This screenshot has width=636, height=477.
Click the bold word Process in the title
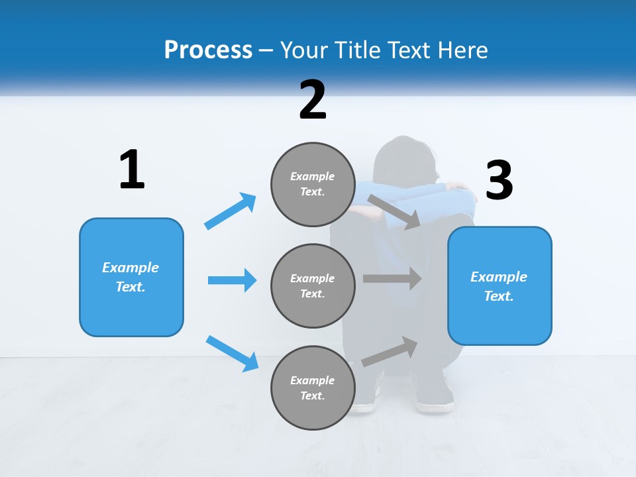(x=208, y=50)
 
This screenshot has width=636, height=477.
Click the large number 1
(x=132, y=170)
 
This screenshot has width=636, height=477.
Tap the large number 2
(x=313, y=100)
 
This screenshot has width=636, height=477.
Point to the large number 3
(x=499, y=180)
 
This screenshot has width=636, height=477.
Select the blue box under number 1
(x=131, y=277)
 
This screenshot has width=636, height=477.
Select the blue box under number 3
(x=500, y=286)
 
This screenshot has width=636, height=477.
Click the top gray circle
(x=313, y=184)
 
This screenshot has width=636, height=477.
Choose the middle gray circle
(x=313, y=286)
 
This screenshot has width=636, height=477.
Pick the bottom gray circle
(x=313, y=388)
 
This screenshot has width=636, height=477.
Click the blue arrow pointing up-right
(x=231, y=211)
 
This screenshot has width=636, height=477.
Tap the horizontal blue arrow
(x=232, y=280)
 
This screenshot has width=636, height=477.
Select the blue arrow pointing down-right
(x=232, y=353)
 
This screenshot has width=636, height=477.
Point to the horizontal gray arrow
(x=392, y=278)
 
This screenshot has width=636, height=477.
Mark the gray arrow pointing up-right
(x=390, y=352)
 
